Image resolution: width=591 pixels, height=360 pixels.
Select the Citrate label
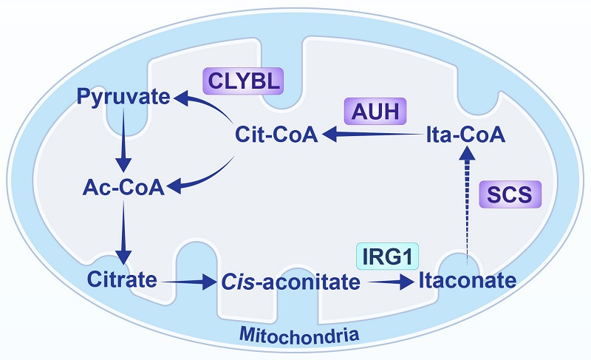(121, 281)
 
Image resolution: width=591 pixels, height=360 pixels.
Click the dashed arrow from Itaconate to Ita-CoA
(466, 207)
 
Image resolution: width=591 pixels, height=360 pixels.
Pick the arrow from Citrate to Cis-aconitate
(188, 282)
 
